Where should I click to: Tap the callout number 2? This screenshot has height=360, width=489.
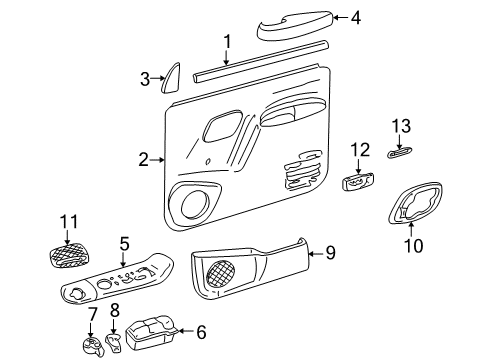(x=144, y=158)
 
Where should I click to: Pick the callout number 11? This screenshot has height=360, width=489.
(x=67, y=221)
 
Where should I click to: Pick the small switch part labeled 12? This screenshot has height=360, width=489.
(x=358, y=182)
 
